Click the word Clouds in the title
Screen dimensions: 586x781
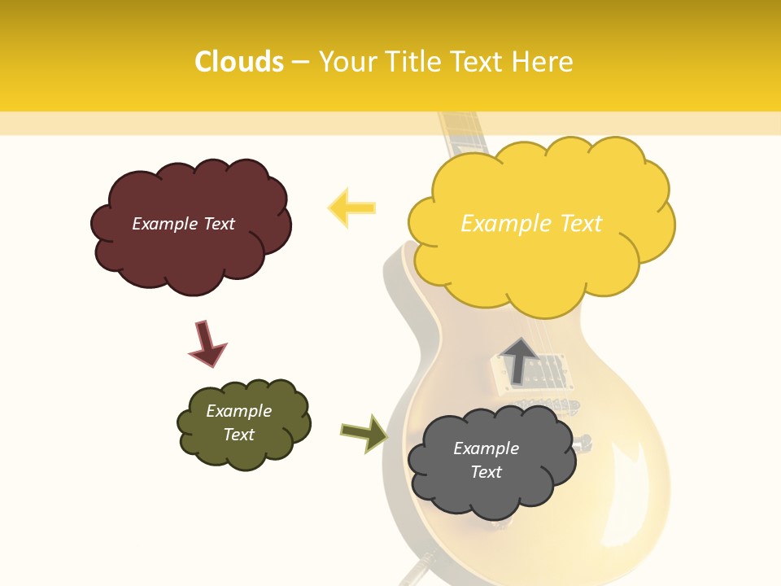[x=239, y=62]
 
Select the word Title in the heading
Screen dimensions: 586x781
[x=412, y=62]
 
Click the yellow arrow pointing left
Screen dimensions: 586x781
[x=351, y=208]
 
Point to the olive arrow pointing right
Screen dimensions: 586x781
[x=364, y=432]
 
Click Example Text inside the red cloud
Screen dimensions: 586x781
[x=183, y=224]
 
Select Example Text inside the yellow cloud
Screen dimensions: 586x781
[x=531, y=224]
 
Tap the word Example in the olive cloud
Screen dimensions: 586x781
[x=238, y=411]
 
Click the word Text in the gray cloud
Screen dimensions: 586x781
[x=486, y=472]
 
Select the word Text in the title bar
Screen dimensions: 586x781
[x=480, y=62]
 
